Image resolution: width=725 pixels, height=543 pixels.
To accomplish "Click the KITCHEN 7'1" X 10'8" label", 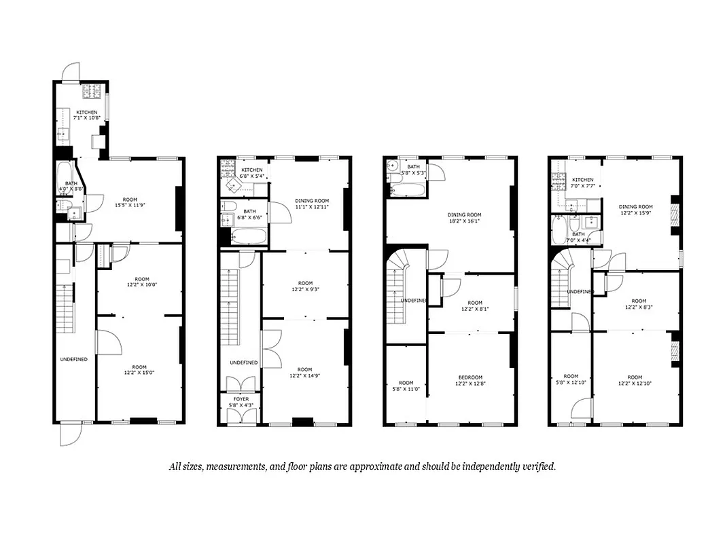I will [87, 115].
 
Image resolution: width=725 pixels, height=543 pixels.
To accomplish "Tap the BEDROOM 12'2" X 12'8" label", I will [470, 381].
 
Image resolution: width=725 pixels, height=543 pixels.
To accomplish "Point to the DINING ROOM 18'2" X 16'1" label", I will [464, 219].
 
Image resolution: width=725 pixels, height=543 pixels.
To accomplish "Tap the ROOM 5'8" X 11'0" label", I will [406, 386].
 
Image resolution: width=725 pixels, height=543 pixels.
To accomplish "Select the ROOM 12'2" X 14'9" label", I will [304, 373].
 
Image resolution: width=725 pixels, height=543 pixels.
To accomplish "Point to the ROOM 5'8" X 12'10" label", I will [570, 380].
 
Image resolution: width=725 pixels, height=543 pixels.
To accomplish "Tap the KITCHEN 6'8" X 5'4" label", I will [251, 173].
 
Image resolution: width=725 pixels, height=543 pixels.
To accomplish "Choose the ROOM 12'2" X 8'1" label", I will [474, 306].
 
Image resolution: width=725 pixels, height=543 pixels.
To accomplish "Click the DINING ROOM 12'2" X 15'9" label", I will [635, 210].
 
